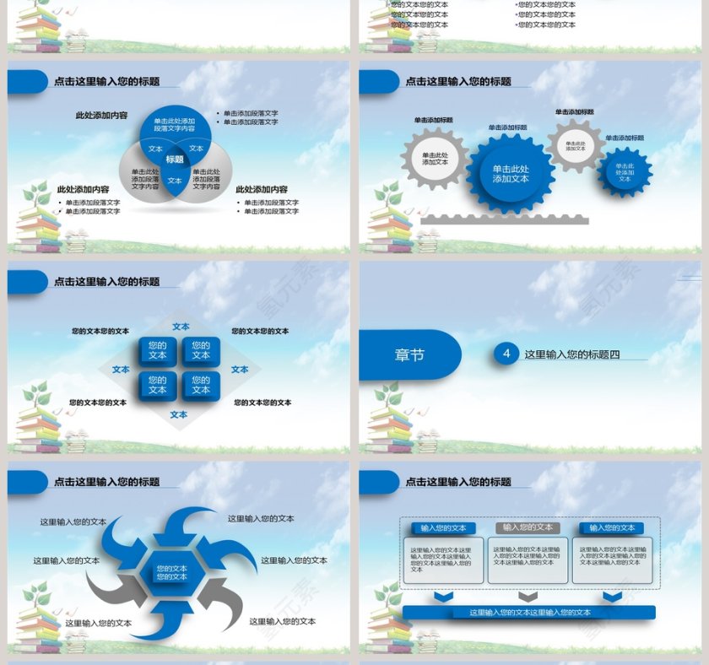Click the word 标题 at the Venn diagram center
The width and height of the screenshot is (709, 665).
[x=175, y=159]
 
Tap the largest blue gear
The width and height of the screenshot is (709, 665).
[x=511, y=173]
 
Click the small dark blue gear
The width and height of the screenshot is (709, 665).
[x=625, y=172]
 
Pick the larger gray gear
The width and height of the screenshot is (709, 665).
[x=435, y=158]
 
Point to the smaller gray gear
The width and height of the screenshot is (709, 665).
[x=576, y=145]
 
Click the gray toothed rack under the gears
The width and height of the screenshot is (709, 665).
[x=505, y=219]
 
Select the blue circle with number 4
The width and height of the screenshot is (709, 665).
[x=506, y=354]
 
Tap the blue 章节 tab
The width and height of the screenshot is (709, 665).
[x=409, y=354]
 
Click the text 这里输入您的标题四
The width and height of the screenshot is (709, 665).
[x=572, y=354]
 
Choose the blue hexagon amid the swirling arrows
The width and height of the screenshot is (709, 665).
[x=171, y=572]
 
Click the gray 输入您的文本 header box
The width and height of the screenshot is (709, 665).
[x=528, y=527]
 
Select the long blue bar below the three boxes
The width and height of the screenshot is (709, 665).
[x=529, y=612]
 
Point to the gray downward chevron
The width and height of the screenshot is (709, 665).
[x=528, y=596]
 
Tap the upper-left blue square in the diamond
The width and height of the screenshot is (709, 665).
[x=158, y=349]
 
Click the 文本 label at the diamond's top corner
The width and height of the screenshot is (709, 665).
[x=181, y=327]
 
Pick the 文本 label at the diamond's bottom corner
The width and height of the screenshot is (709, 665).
[x=179, y=414]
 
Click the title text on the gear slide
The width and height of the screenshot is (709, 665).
[x=458, y=82]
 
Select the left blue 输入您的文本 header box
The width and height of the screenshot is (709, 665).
[x=444, y=527]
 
